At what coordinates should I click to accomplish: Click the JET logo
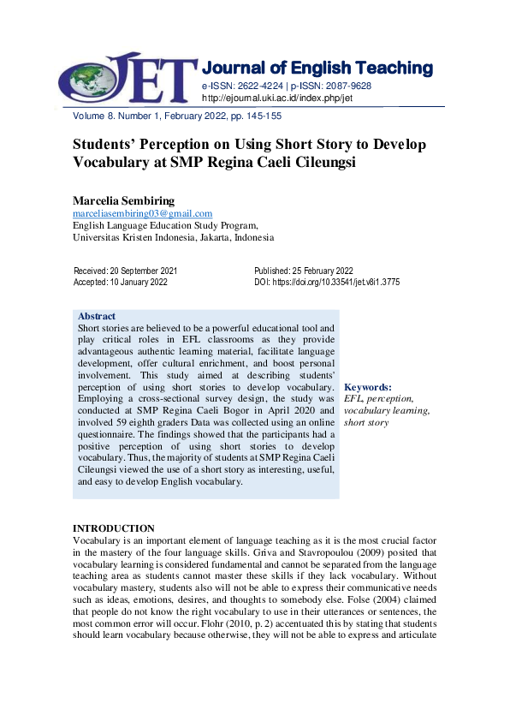[x=125, y=75]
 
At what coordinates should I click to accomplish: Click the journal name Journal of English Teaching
[x=317, y=68]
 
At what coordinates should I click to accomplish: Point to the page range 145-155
[x=261, y=116]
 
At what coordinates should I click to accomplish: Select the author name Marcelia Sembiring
[x=121, y=200]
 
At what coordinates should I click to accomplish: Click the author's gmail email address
[x=142, y=213]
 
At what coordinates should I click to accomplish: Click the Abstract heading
[x=97, y=316]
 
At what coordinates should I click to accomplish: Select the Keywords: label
[x=367, y=387]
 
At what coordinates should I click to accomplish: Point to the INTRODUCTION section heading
[x=114, y=528]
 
